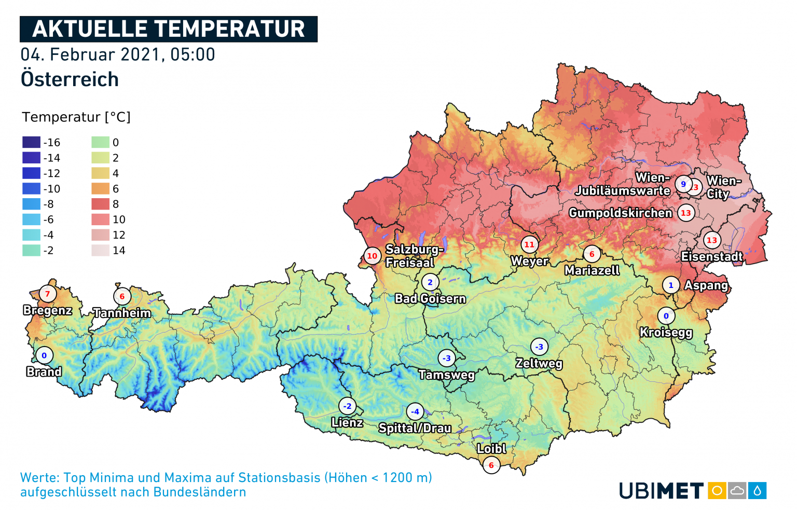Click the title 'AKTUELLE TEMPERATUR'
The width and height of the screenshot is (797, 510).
point(168,29)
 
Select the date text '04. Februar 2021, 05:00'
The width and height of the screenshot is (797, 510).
point(118,54)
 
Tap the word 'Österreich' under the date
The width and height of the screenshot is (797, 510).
point(70,79)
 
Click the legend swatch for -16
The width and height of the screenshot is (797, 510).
point(31,142)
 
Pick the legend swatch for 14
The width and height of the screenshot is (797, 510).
point(100,251)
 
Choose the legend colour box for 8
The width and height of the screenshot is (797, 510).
point(100,204)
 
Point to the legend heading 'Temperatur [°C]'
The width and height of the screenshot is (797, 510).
point(76,117)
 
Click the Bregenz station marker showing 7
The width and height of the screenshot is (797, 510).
point(47,294)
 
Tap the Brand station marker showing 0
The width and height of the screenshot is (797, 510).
point(44,355)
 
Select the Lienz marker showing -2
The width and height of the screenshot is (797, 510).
point(348,406)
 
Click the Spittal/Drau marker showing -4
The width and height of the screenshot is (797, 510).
point(415,412)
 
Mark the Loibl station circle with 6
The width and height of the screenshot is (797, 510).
point(491,465)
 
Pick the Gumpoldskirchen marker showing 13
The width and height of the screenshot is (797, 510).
point(686,213)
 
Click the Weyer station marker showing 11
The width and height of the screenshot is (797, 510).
point(529,244)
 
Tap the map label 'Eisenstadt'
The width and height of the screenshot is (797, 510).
point(711,256)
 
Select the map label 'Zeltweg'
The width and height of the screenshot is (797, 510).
point(539,363)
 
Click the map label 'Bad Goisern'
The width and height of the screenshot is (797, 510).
point(430,299)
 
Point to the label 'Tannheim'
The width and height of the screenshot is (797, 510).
point(122,313)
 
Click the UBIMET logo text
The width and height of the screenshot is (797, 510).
point(661,491)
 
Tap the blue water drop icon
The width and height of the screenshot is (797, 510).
point(758,491)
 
